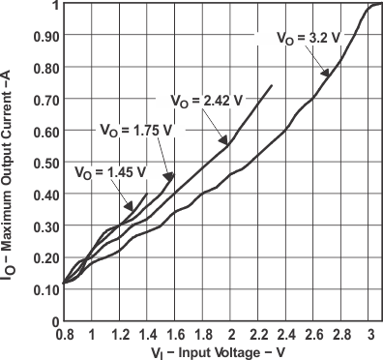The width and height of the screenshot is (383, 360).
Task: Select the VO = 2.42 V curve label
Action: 204,99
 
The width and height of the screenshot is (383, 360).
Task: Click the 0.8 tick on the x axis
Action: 64,332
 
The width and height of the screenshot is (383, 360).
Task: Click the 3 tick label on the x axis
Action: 371,332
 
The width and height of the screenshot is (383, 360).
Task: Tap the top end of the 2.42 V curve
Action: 272,85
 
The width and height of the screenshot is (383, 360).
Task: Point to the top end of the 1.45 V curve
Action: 147,195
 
